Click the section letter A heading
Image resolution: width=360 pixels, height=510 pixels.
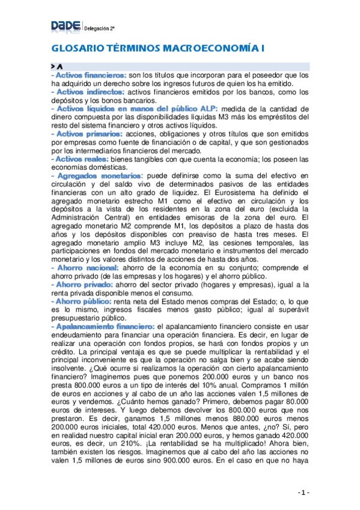point(61,65)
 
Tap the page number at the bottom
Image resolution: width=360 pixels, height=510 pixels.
point(304,493)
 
